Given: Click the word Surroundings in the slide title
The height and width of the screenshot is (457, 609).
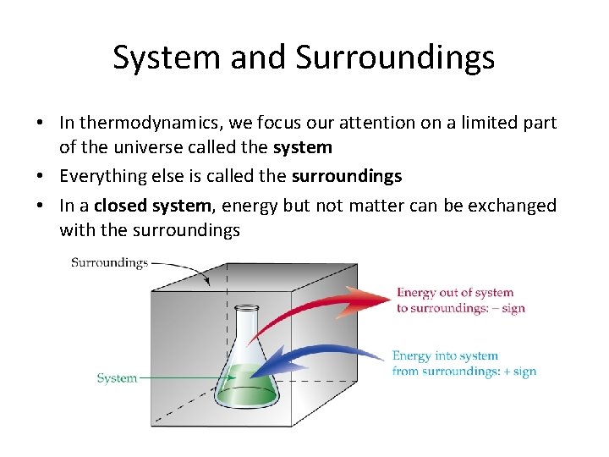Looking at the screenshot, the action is (x=395, y=58).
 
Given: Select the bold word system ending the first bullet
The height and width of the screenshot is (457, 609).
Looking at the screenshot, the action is (x=303, y=147).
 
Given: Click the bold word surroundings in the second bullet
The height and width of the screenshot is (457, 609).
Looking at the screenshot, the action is (x=347, y=176).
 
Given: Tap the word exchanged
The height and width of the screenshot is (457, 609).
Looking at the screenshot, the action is (x=505, y=206).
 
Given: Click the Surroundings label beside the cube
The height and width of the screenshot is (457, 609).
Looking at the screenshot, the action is (x=109, y=263).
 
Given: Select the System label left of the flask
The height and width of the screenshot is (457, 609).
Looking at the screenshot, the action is (x=117, y=378).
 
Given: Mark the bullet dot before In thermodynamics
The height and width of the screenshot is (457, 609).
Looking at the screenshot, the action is (x=40, y=124).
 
